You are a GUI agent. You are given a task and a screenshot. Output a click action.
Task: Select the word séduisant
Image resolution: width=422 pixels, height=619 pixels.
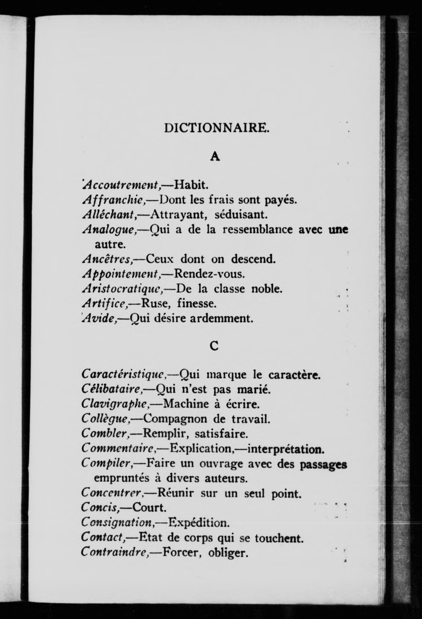(241, 214)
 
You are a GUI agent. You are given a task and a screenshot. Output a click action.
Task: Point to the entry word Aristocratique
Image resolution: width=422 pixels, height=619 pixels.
(123, 289)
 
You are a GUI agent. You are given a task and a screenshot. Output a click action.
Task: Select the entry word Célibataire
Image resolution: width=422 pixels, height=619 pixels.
(112, 390)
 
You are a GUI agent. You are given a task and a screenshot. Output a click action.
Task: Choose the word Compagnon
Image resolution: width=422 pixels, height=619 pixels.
(176, 419)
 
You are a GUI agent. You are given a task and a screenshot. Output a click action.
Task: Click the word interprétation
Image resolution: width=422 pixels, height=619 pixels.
(286, 449)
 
